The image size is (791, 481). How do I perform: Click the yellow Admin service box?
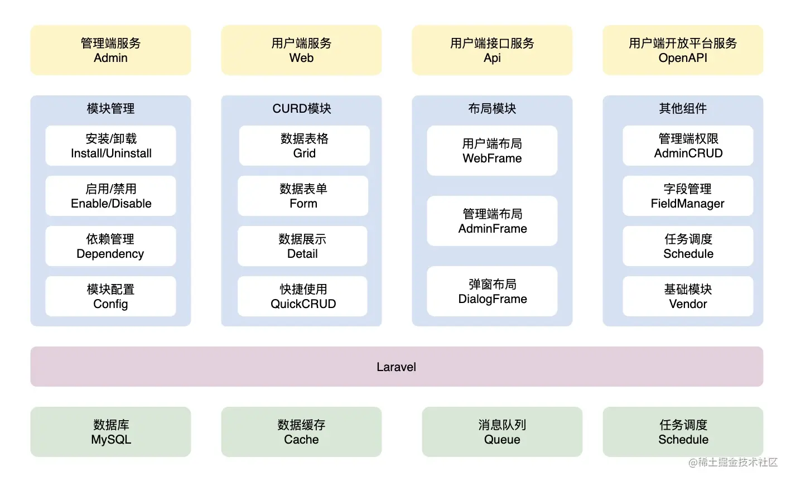[110, 50]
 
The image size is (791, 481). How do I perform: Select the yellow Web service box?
[301, 50]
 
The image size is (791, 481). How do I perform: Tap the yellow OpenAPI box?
[683, 50]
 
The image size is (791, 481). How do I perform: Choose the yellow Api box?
[492, 50]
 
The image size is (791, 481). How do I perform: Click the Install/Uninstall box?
[110, 146]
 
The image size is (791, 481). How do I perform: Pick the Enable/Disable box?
[110, 196]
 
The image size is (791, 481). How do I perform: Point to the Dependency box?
[110, 246]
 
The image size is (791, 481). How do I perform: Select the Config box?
[110, 296]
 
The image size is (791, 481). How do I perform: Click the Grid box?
[304, 146]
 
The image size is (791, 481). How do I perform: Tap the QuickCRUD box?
[303, 296]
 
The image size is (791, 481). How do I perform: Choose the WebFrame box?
[492, 151]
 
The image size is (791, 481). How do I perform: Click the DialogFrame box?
[492, 291]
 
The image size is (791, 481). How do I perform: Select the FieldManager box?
[688, 196]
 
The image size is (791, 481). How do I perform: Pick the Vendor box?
[688, 296]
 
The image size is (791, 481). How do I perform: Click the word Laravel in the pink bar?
[396, 367]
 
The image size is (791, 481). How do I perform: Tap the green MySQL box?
[110, 432]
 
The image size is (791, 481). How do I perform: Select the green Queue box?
[502, 432]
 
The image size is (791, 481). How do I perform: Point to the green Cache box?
[301, 432]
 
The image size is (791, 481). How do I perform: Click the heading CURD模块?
[301, 108]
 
